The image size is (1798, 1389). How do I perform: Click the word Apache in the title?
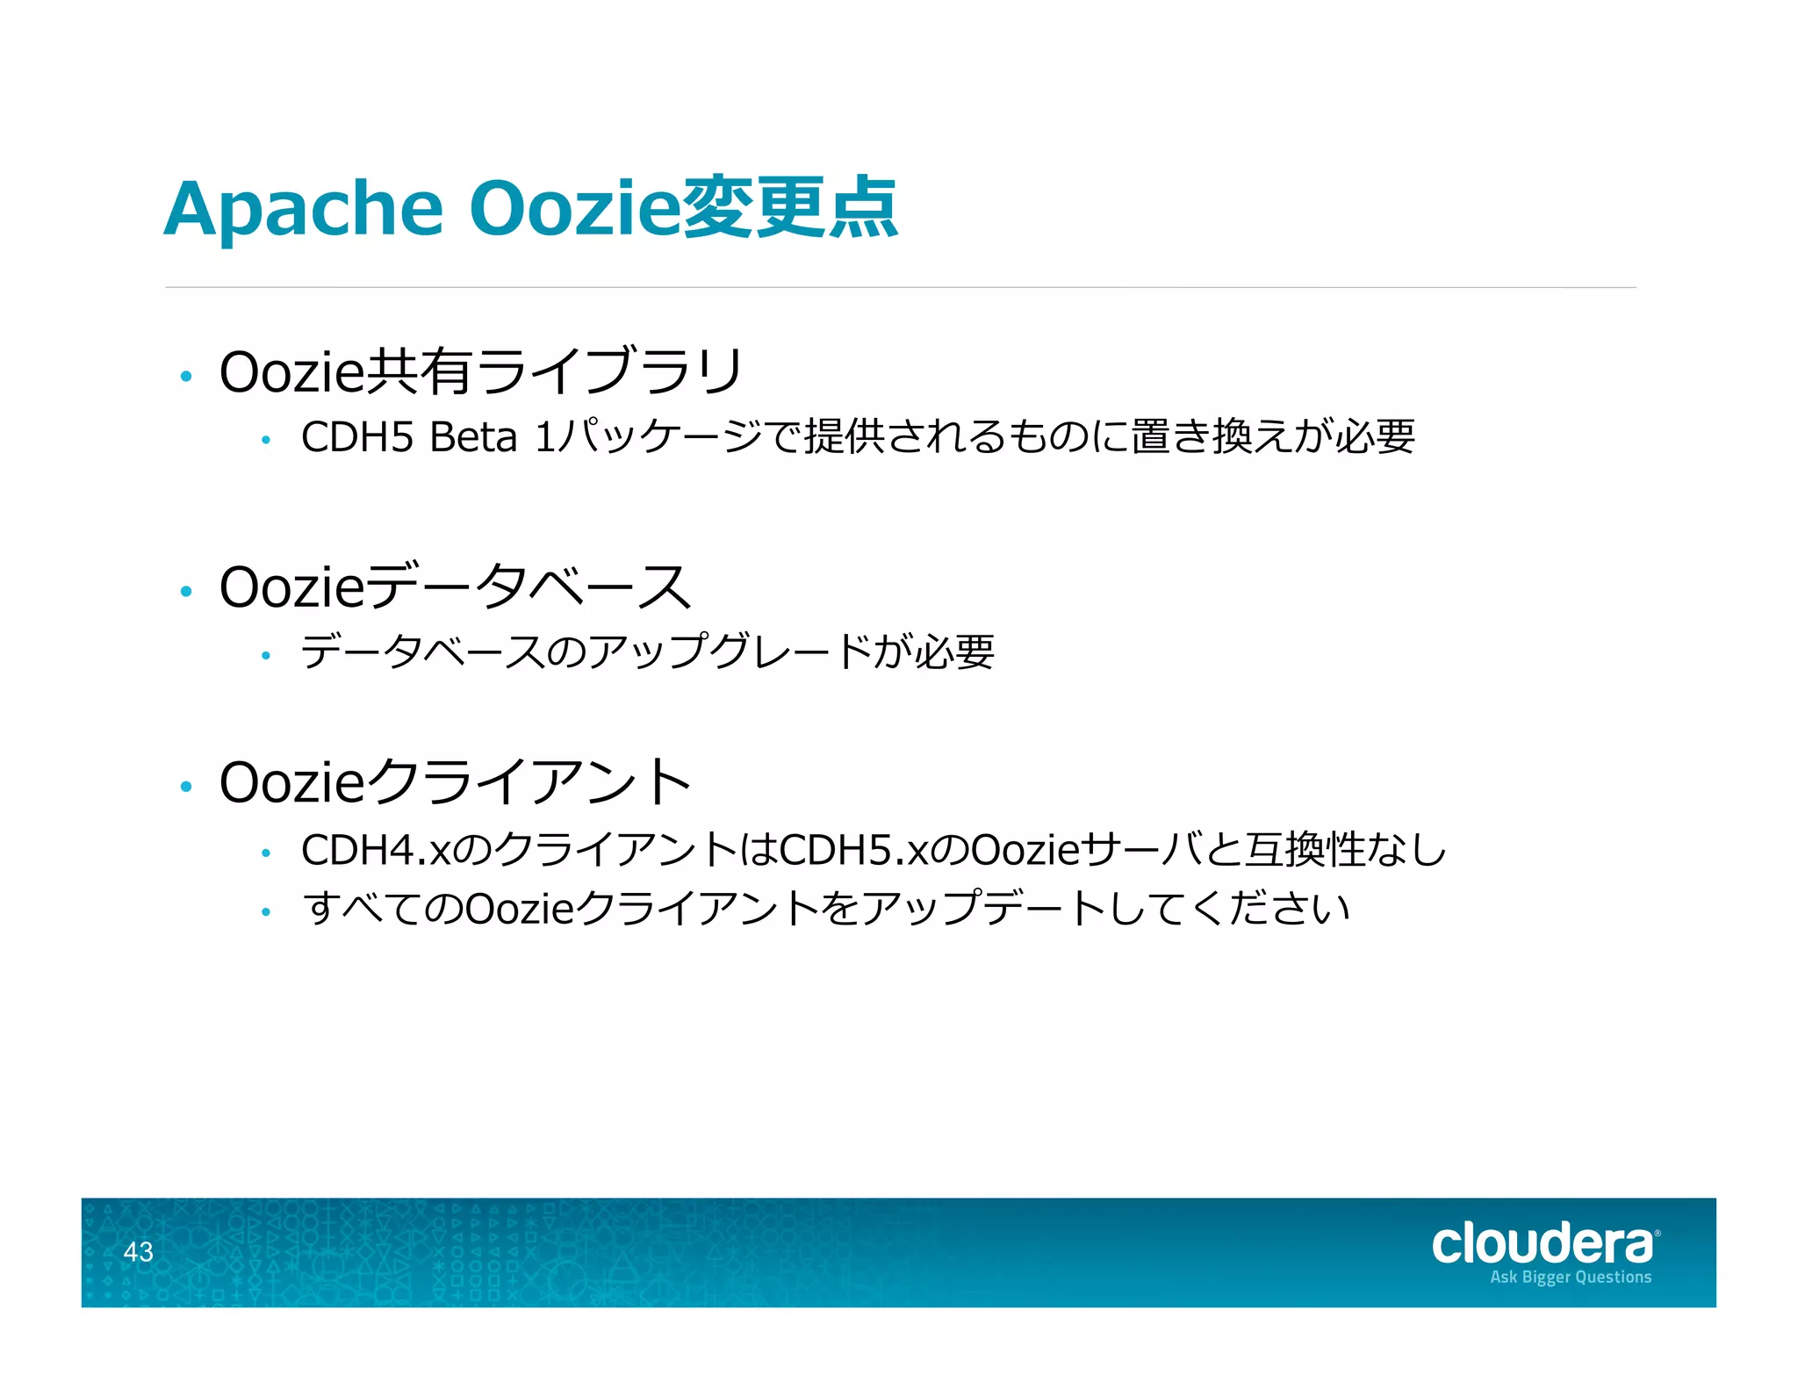304,210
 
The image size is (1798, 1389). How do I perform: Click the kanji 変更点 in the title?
789,208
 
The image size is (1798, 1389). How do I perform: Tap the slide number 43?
138,1251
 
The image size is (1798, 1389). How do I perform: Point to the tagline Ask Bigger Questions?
1571,1277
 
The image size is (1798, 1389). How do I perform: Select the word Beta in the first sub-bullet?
473,437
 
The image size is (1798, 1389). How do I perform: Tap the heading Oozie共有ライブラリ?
481,372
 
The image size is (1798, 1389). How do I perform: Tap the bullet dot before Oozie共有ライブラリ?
185,378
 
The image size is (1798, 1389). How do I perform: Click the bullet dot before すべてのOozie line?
266,913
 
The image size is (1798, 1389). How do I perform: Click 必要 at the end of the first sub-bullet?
1375,436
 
